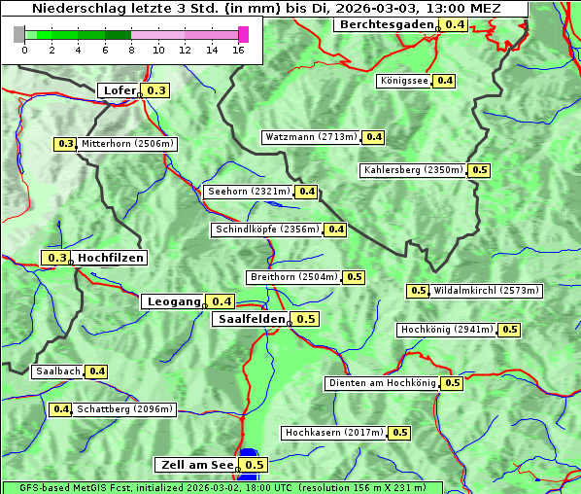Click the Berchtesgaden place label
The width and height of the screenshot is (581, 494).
[386, 24]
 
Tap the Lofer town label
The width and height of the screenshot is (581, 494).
[119, 90]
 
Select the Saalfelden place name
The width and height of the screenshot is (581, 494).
[251, 319]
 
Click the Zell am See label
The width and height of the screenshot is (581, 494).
[194, 465]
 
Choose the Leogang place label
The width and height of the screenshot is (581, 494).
[174, 301]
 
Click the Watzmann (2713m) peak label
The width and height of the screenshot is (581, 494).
[311, 137]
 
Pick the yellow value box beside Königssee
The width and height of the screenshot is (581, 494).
[444, 81]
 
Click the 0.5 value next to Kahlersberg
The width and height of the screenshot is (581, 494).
[480, 170]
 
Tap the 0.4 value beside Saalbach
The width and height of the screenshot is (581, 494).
[97, 371]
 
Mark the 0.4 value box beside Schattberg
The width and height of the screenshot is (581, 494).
[61, 409]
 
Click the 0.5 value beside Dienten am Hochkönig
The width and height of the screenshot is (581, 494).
[452, 383]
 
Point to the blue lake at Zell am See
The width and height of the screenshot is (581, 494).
[249, 454]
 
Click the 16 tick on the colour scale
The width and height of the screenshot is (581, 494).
[238, 50]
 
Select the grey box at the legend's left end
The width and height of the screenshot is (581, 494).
[19, 34]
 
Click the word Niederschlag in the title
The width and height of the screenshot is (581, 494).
[72, 9]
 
